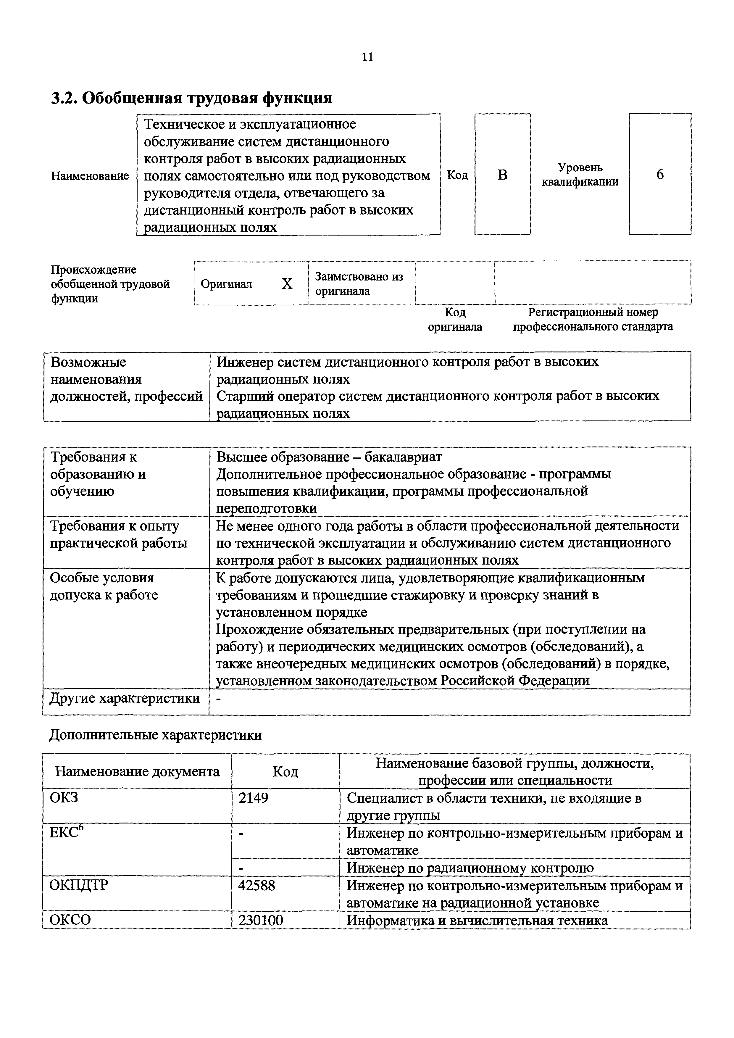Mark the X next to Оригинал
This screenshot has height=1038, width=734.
click(287, 284)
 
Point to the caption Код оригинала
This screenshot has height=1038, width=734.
click(455, 319)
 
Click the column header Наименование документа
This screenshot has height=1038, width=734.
click(137, 771)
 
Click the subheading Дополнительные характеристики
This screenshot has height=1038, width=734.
click(155, 735)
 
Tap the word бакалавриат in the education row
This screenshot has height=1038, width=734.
click(403, 457)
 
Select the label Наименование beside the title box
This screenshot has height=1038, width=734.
click(90, 176)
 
